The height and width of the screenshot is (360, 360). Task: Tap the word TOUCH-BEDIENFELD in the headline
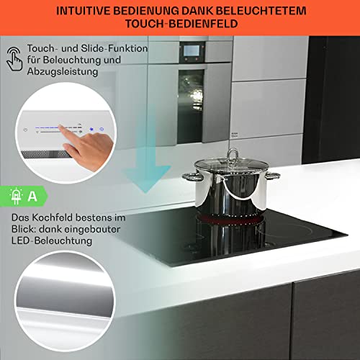click(180, 25)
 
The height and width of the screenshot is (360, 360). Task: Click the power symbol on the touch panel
click(102, 130)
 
